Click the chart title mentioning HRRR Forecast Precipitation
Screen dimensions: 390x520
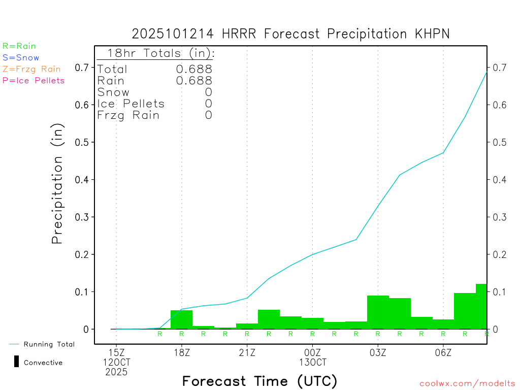pyautogui.click(x=290, y=34)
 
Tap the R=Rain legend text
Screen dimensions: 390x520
pyautogui.click(x=19, y=46)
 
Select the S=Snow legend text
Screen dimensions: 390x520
pyautogui.click(x=21, y=58)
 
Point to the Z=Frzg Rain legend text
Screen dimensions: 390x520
pyautogui.click(x=31, y=69)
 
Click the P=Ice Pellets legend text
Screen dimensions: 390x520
pyautogui.click(x=34, y=80)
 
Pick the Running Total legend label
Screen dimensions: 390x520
pyautogui.click(x=49, y=344)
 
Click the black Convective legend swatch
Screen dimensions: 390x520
pyautogui.click(x=16, y=362)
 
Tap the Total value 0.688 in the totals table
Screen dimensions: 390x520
pyautogui.click(x=194, y=69)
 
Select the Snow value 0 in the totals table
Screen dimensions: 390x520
pyautogui.click(x=208, y=92)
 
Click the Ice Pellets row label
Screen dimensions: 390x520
pyautogui.click(x=131, y=104)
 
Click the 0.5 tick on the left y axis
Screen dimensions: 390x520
pyautogui.click(x=82, y=142)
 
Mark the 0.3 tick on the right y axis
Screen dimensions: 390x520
pyautogui.click(x=499, y=217)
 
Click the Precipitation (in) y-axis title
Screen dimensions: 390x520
pyautogui.click(x=57, y=184)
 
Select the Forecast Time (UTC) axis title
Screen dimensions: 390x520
pyautogui.click(x=259, y=381)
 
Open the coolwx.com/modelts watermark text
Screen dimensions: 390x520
pyautogui.click(x=467, y=383)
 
